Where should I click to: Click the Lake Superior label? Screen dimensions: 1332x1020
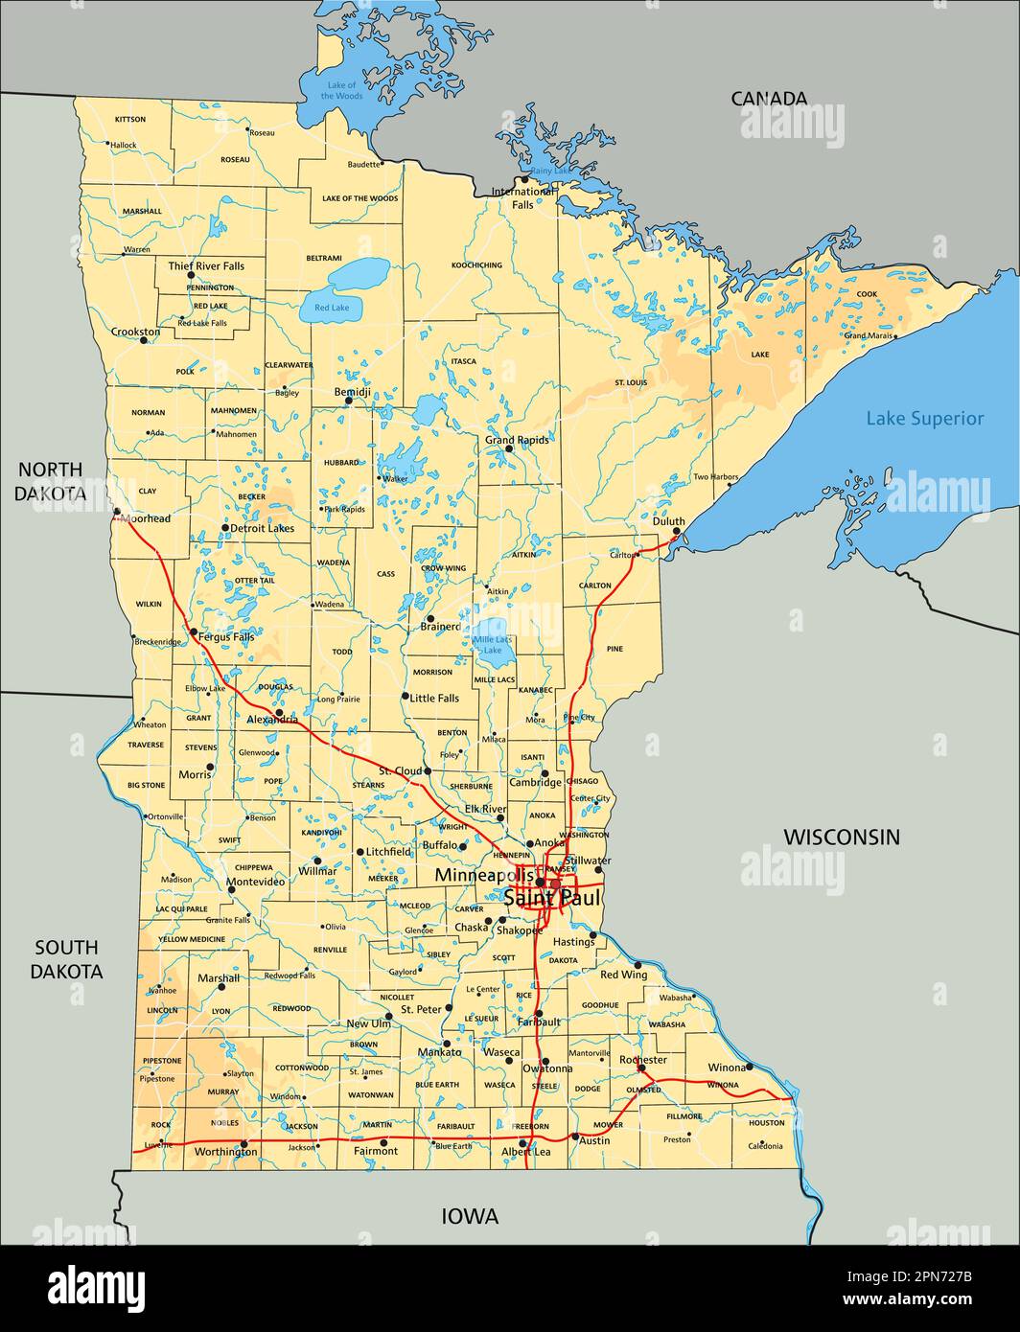924,418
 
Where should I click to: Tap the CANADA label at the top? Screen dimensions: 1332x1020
769,98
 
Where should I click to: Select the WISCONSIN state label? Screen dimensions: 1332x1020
842,837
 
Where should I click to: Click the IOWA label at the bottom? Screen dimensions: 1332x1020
470,1216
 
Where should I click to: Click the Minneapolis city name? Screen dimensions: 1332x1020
484,875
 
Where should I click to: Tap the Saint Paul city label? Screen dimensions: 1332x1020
551,899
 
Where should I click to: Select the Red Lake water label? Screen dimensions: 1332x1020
332,308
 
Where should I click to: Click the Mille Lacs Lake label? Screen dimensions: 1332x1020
492,644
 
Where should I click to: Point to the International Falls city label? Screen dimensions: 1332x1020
522,197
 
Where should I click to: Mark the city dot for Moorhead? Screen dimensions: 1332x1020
117,512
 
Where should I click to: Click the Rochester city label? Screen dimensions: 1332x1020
642,1060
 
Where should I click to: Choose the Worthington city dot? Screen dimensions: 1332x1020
243,1143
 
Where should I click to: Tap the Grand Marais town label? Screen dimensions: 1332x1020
868,335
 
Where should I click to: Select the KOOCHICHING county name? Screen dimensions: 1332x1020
476,264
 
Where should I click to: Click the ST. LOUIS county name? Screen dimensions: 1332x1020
631,382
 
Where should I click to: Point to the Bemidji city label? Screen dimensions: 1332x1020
352,393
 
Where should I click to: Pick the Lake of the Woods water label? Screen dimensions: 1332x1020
342,91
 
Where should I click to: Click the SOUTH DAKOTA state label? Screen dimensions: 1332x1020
66,959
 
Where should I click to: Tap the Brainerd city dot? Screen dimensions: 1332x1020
430,619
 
